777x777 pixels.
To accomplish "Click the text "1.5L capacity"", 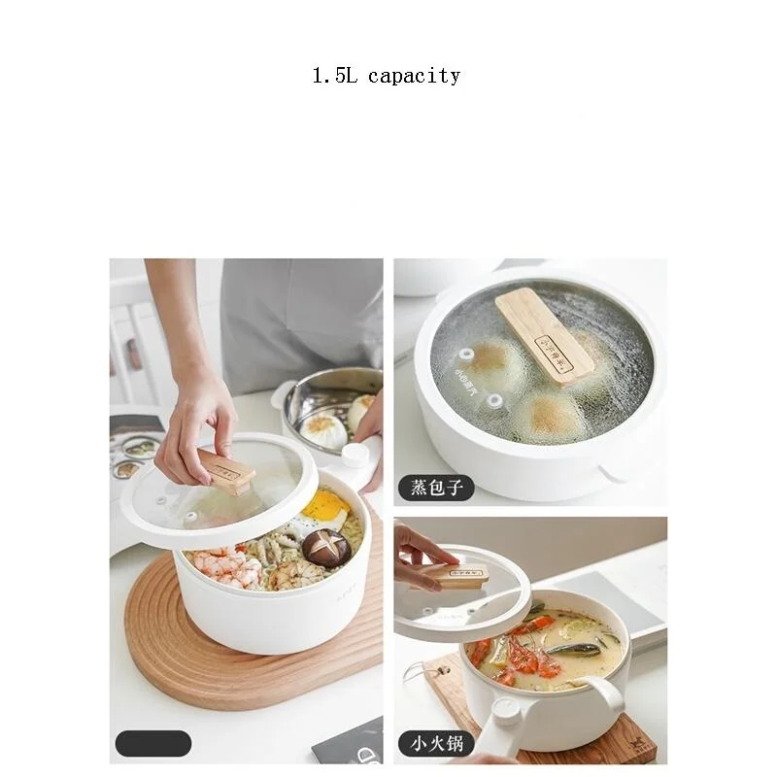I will click(x=386, y=76).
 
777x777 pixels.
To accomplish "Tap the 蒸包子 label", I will click(x=435, y=487).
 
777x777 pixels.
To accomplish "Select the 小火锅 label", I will click(x=435, y=745).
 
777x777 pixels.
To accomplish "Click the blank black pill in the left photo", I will click(x=153, y=744).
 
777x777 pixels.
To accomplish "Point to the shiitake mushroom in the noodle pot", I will click(x=326, y=549).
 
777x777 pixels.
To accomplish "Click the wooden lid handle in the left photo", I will click(x=227, y=471).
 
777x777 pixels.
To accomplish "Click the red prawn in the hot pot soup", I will click(x=524, y=660).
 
